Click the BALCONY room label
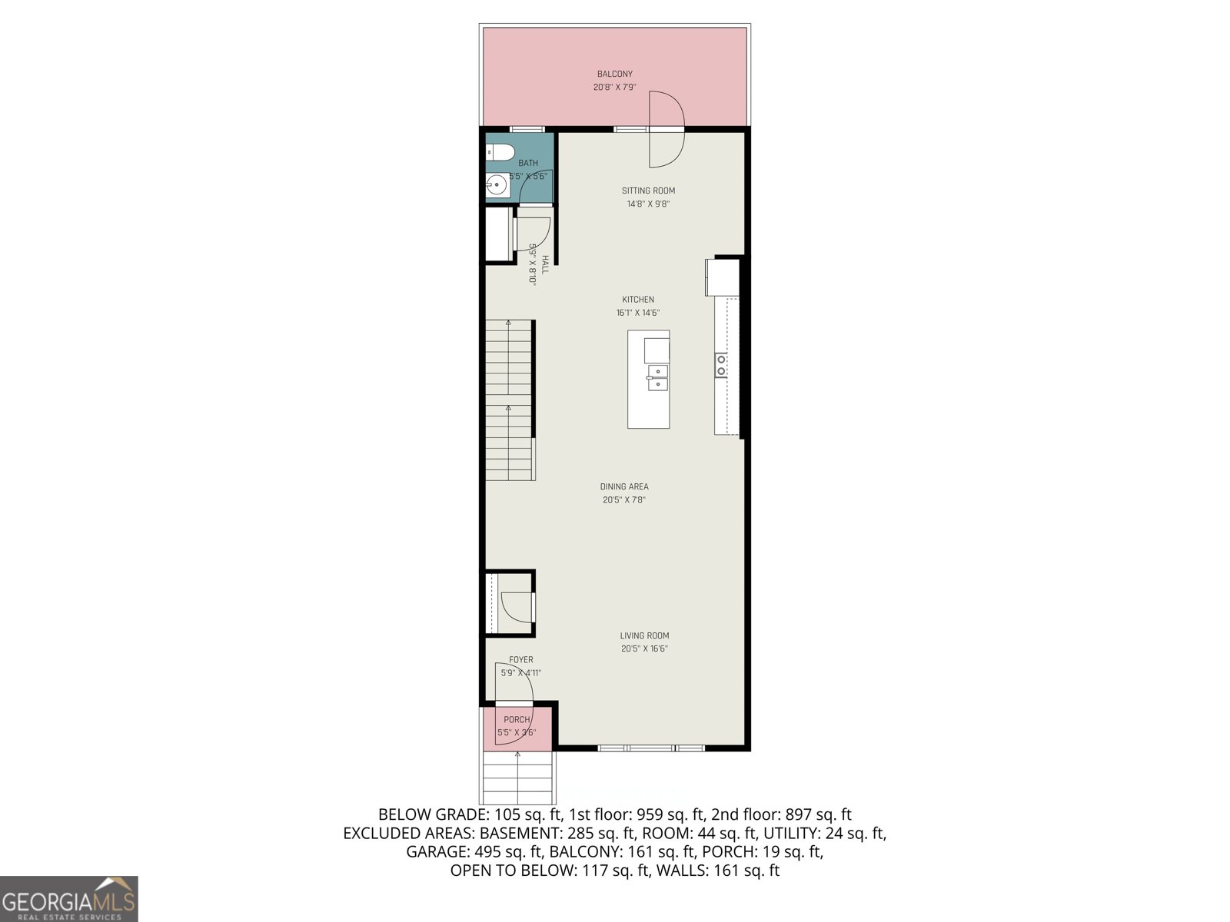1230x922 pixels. pos(614,74)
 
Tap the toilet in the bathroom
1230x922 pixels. pos(500,152)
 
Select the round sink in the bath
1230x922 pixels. pos(497,184)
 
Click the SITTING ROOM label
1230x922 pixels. pos(648,191)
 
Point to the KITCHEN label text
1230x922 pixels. pos(638,300)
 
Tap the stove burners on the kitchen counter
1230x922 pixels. pos(721,365)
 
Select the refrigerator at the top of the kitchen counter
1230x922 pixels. pos(723,277)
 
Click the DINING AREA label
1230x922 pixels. pos(623,486)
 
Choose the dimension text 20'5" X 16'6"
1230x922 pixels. pos(644,648)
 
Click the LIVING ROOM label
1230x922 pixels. pos(644,635)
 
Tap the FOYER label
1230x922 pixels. pos(520,659)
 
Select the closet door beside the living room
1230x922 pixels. pos(517,607)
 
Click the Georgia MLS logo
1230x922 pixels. pos(69,899)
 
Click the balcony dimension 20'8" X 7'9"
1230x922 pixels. pos(614,88)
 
